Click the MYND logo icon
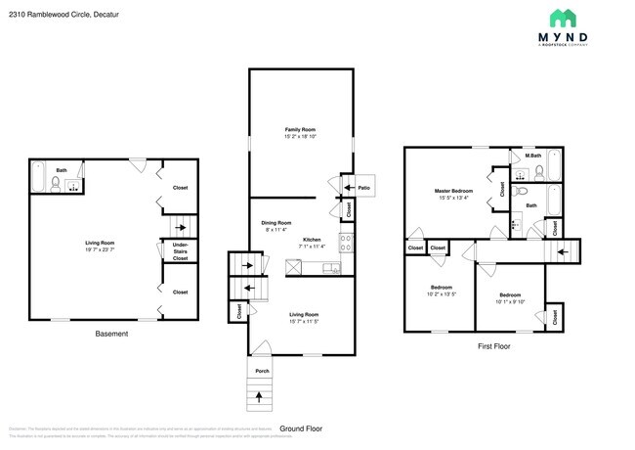(562, 18)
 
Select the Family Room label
(300, 129)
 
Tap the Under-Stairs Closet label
(181, 250)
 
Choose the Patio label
(363, 187)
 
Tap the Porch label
(262, 371)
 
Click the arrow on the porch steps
(259, 396)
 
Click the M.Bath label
(532, 154)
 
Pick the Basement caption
(110, 334)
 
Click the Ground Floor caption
(301, 428)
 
